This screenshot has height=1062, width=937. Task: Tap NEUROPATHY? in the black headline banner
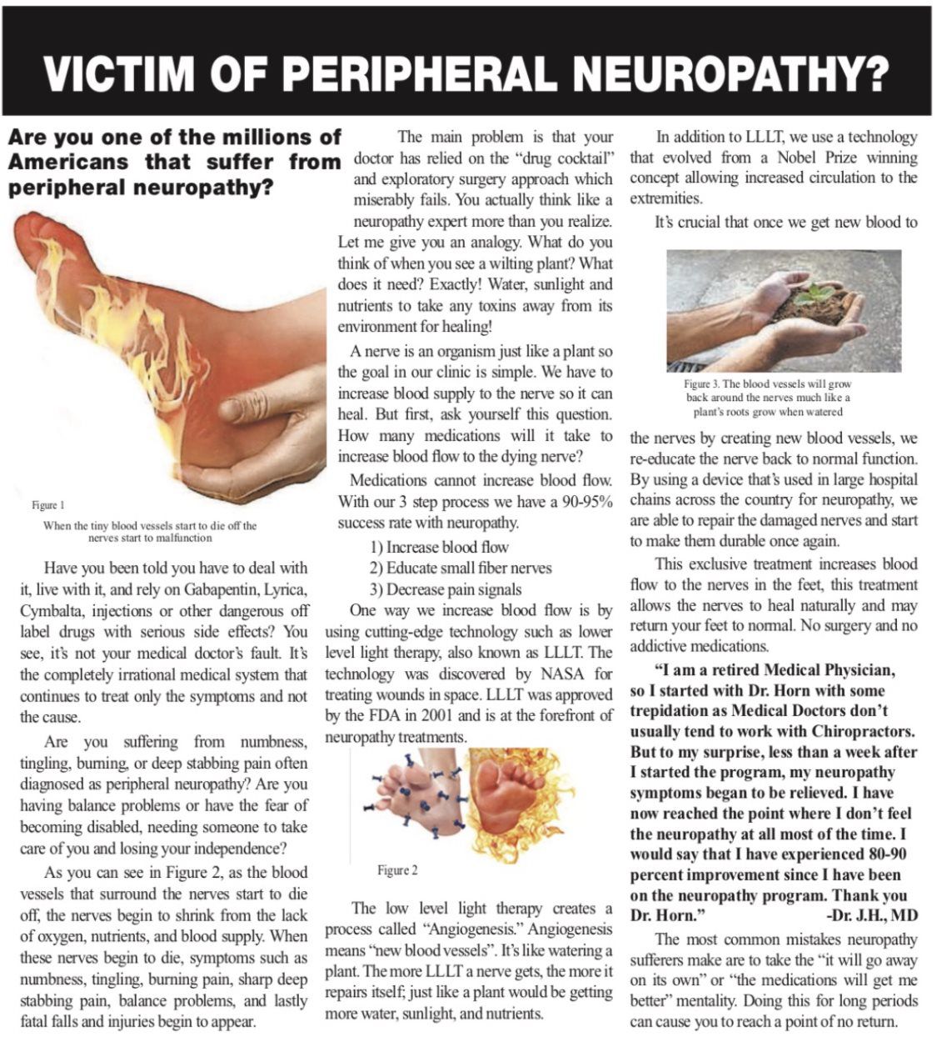pyautogui.click(x=733, y=74)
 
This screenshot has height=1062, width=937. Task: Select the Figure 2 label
pyautogui.click(x=397, y=871)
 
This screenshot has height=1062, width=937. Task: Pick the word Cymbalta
pyautogui.click(x=51, y=610)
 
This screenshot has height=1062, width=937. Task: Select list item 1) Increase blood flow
pyautogui.click(x=439, y=547)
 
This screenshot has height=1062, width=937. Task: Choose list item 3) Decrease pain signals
pyautogui.click(x=446, y=589)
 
